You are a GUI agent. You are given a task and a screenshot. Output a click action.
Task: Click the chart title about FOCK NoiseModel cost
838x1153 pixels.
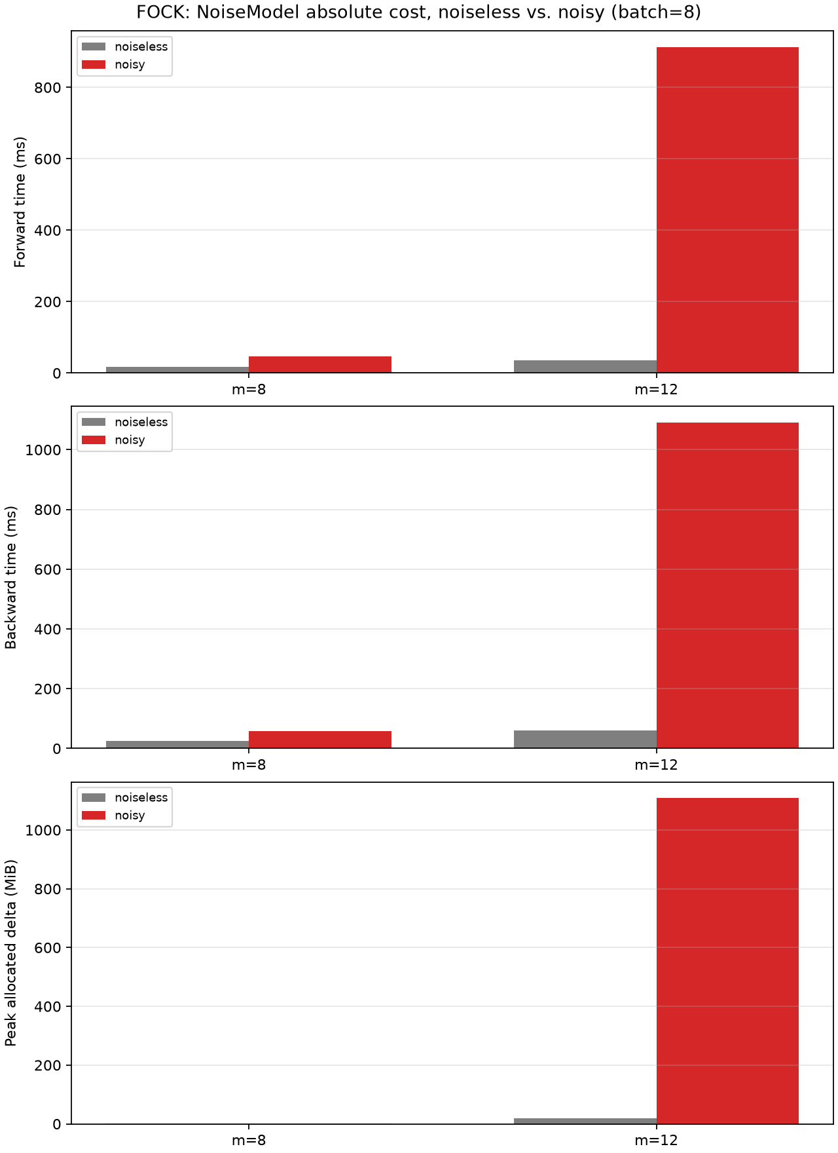tap(419, 12)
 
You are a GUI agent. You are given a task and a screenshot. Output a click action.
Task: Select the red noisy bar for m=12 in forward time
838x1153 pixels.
tap(727, 210)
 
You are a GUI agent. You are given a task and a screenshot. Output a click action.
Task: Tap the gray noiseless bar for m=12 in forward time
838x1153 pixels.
tap(585, 366)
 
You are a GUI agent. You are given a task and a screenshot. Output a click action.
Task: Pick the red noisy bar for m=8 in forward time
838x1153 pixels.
tap(320, 364)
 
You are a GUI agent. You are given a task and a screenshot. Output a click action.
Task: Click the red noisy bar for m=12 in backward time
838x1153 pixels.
tap(727, 585)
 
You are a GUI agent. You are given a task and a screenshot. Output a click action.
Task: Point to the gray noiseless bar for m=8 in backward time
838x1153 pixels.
tap(177, 744)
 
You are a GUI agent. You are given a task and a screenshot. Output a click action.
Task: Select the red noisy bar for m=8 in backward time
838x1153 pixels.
tap(320, 740)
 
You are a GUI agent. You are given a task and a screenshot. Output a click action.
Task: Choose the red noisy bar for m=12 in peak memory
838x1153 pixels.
tap(727, 961)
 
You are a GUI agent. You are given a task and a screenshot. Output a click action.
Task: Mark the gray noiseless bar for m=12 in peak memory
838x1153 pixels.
tap(585, 1121)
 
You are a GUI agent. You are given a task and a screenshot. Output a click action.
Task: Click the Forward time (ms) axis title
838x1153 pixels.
tap(20, 202)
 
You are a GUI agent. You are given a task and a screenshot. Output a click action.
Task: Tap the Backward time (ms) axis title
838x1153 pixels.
tap(11, 577)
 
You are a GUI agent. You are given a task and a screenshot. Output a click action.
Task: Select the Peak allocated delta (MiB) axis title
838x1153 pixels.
tap(11, 953)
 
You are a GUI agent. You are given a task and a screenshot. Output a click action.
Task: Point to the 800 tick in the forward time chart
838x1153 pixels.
tap(51, 88)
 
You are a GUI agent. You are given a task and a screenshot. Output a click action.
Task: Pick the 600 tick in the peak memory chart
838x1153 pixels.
tap(51, 948)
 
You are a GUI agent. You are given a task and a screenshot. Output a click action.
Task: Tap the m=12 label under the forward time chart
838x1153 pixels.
tap(657, 390)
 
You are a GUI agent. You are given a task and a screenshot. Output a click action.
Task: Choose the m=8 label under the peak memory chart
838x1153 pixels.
tap(249, 1141)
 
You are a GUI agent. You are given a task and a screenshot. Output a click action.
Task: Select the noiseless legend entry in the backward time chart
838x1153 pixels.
tap(125, 423)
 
